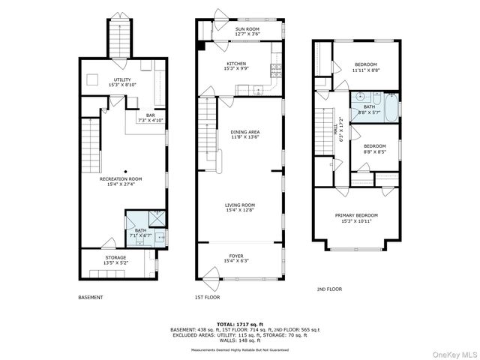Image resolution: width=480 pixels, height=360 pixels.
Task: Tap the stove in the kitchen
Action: point(275,71)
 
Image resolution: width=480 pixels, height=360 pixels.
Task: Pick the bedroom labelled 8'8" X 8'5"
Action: point(374,148)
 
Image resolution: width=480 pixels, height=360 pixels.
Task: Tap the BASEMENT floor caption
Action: point(91,297)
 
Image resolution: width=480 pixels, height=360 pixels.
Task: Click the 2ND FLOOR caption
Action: point(329,289)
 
